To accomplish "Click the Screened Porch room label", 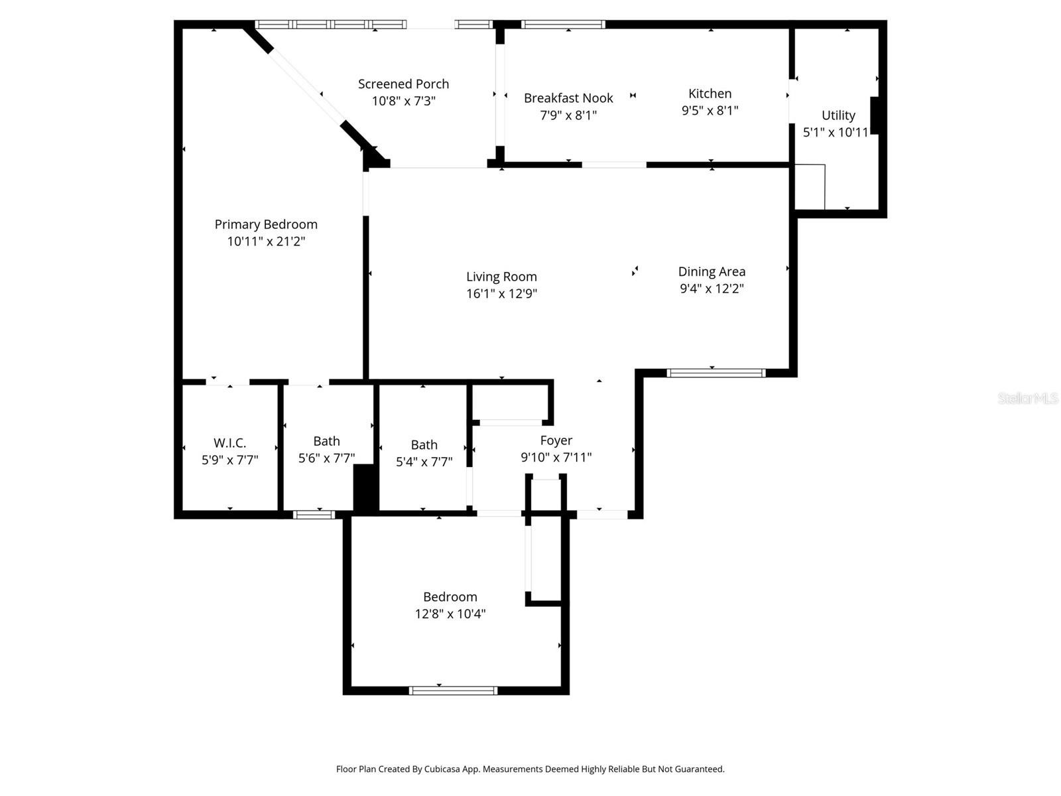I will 403,84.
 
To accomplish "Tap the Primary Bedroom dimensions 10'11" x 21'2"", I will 266,241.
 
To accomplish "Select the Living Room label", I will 501,277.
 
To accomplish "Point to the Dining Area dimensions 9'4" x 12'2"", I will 712,289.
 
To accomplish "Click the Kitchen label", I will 710,94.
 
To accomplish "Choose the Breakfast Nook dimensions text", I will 568,115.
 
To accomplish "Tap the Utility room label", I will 838,115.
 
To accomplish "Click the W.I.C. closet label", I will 229,443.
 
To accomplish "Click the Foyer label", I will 556,440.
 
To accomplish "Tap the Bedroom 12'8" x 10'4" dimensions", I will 450,614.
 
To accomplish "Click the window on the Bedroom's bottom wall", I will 453,691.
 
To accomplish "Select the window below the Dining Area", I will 716,373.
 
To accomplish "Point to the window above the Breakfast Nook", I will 563,25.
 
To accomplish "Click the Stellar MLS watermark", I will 1027,398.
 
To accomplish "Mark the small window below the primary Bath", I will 314,514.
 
